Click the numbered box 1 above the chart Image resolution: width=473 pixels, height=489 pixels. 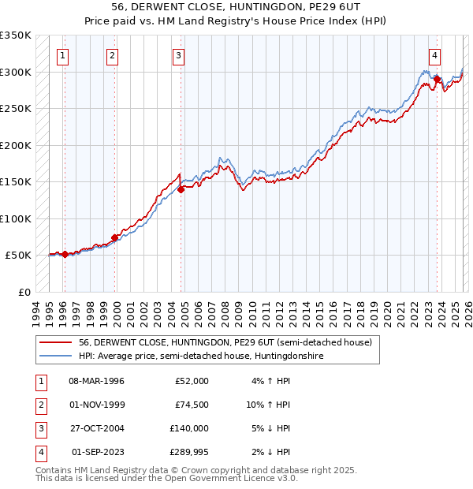pyautogui.click(x=62, y=55)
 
